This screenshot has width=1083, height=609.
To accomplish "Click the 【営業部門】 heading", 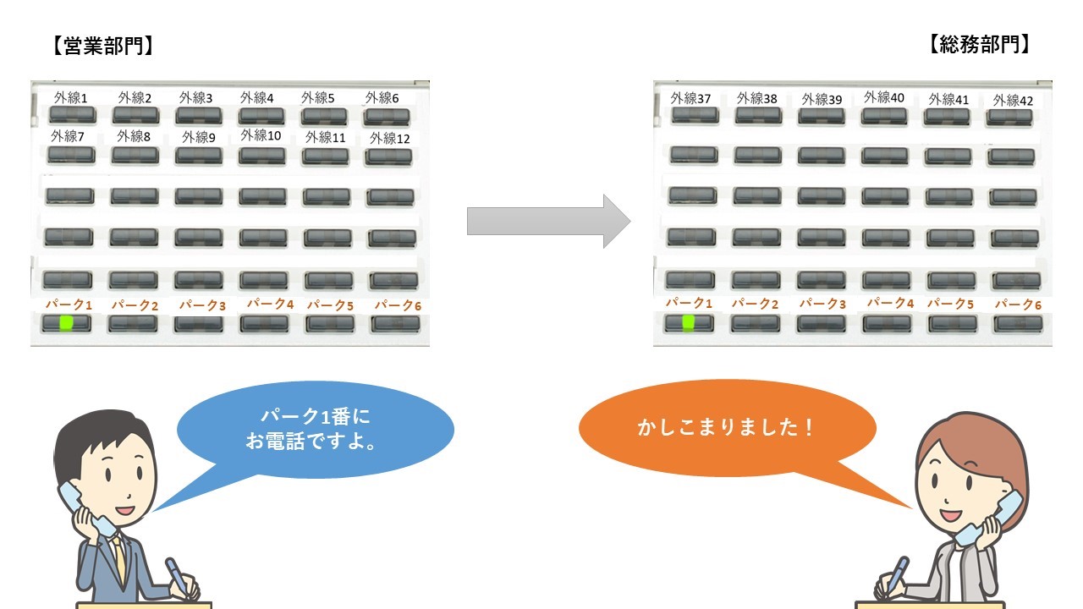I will (102, 46).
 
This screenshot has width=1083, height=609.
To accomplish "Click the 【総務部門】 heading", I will (981, 46).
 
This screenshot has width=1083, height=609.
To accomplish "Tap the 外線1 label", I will (71, 98).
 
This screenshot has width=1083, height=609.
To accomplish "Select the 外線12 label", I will (389, 138).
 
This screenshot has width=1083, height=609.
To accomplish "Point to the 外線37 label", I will (690, 98).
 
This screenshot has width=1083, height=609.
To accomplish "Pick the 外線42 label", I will (1013, 101).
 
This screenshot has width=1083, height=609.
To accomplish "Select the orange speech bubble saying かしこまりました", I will (726, 428).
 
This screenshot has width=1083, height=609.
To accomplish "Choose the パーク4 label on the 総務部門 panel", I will (890, 303).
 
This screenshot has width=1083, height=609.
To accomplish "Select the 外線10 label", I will (261, 135).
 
